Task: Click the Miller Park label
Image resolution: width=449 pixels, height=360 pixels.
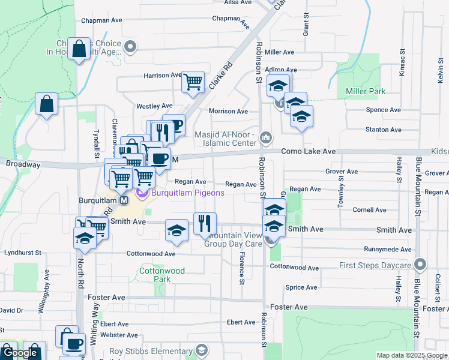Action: [x=366, y=91]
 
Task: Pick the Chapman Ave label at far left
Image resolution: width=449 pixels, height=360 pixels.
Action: [x=100, y=20]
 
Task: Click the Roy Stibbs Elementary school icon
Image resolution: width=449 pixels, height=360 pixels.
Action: [x=202, y=350]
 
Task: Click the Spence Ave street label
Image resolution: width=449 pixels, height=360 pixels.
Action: [x=383, y=110]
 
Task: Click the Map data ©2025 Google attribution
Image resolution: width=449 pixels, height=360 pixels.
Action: [x=412, y=355]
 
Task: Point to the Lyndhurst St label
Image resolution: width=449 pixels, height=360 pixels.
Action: [x=22, y=253]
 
